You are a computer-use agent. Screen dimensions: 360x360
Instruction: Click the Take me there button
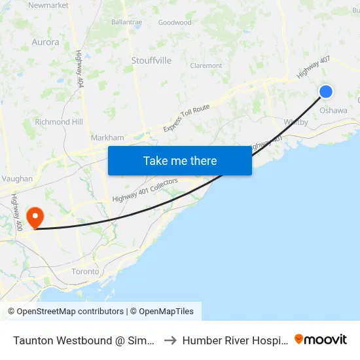pos(180,160)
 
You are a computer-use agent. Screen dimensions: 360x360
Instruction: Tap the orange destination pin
pos(33,217)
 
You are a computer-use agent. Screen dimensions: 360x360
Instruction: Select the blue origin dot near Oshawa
pos(325,92)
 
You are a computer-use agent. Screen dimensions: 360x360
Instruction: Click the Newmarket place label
pos(48,5)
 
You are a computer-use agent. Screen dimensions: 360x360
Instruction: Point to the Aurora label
pos(45,42)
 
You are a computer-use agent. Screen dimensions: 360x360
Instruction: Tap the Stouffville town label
pos(151,60)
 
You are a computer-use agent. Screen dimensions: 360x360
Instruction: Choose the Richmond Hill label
pos(59,122)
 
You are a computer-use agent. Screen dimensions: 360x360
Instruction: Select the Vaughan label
pos(17,178)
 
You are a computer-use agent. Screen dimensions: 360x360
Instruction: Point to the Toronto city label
pos(85,271)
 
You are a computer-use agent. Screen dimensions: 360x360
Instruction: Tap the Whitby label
pos(296,122)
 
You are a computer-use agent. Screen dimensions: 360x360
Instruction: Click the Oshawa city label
pos(333,111)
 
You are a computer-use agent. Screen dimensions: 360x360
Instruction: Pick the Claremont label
pos(206,65)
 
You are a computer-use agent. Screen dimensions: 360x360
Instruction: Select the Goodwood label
pos(175,22)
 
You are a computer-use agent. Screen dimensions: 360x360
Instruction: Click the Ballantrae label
pos(126,22)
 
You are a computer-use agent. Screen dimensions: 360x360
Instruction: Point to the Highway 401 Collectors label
pos(145,190)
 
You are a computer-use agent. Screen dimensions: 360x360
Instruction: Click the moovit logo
pos(321,340)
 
